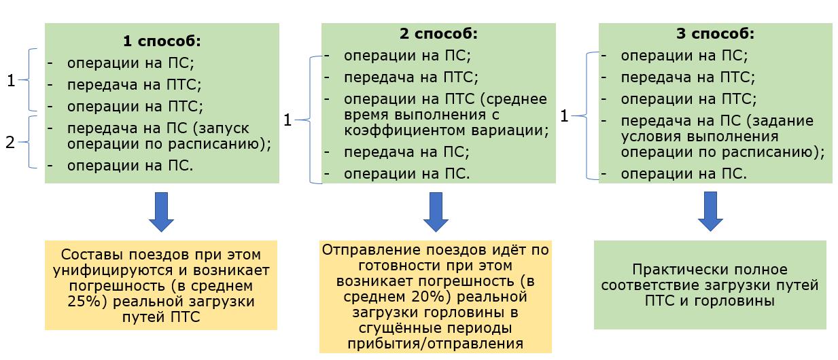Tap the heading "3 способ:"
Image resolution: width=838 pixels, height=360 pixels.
pyautogui.click(x=716, y=34)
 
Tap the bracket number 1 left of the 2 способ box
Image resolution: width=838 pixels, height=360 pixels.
pyautogui.click(x=287, y=120)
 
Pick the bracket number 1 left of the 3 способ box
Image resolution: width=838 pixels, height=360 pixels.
pyautogui.click(x=563, y=116)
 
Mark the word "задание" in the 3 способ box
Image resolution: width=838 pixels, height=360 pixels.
pyautogui.click(x=788, y=120)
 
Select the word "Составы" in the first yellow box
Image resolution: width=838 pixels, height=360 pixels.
pyautogui.click(x=88, y=255)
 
